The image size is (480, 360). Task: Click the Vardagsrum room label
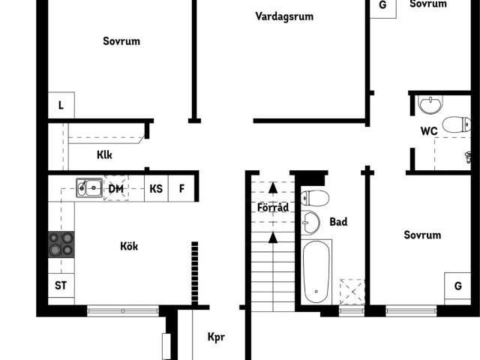[284, 16]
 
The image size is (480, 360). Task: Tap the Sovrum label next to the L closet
[121, 41]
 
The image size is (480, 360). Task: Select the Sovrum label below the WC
[422, 235]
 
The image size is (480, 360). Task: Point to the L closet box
[61, 106]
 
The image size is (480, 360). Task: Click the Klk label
[104, 155]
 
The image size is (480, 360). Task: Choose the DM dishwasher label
[116, 188]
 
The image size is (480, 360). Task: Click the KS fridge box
[156, 188]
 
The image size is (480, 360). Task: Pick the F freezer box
[181, 188]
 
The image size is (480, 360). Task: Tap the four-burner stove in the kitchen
[61, 244]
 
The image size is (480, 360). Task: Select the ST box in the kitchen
[61, 285]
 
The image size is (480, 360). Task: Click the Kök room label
[129, 246]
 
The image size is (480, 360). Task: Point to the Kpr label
[216, 337]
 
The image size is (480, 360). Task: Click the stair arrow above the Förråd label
[272, 189]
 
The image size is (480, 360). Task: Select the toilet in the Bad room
[315, 198]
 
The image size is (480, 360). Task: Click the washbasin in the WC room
[430, 104]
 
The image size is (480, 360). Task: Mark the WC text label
[429, 131]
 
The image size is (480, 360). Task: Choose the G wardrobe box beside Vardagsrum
[383, 6]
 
